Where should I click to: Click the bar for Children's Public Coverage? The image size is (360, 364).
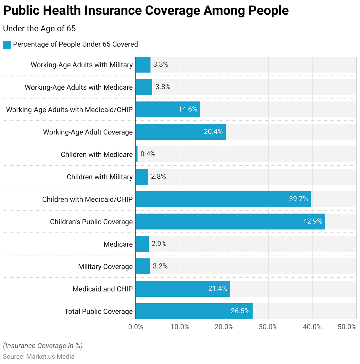tap(230, 222)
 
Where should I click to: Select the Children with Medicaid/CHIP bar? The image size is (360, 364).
tap(223, 199)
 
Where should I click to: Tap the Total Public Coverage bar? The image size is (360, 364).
tap(194, 311)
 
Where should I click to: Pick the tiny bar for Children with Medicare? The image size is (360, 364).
tap(137, 154)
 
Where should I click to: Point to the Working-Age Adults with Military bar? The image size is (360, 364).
tap(143, 65)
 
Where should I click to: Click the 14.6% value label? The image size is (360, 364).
tap(188, 109)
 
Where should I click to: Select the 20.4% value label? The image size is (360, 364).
tap(213, 132)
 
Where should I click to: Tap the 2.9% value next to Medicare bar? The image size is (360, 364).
tap(159, 244)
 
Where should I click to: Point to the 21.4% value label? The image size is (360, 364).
tap(217, 288)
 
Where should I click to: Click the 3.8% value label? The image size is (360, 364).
tap(163, 87)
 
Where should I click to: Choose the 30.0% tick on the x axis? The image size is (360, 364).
tap(268, 327)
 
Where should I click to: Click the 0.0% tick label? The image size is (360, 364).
tap(136, 327)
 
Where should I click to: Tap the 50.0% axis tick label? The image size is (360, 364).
tap(347, 327)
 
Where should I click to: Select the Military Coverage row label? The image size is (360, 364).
tap(105, 267)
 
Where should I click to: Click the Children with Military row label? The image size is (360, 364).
tap(100, 177)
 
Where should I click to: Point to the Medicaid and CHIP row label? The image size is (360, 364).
tap(103, 289)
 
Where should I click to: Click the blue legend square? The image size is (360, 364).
tap(7, 45)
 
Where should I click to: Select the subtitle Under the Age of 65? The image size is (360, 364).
tap(39, 29)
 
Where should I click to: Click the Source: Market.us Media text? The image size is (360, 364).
tap(39, 356)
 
